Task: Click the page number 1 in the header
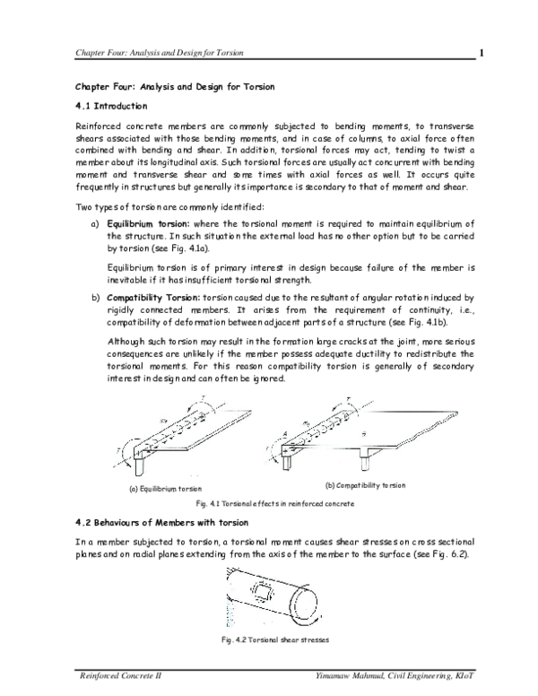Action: click(482, 51)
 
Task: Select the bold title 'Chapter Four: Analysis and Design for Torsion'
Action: click(174, 86)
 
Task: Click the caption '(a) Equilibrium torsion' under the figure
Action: click(165, 489)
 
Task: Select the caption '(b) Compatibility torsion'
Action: click(365, 485)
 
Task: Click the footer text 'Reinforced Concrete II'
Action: click(116, 672)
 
